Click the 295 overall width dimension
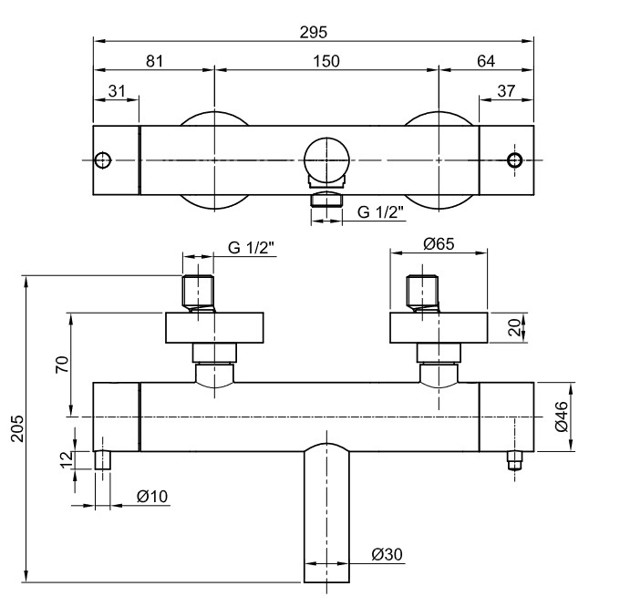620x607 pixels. point(313,33)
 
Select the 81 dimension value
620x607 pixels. point(154,61)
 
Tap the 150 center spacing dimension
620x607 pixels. point(326,61)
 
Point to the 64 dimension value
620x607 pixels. point(486,61)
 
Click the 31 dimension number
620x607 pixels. point(117,91)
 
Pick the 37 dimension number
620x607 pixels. point(506,91)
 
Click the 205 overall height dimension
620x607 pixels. point(17,428)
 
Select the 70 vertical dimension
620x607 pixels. point(62,365)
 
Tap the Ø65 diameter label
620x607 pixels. point(439,244)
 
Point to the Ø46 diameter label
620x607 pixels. point(561,417)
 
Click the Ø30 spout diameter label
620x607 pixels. point(387,554)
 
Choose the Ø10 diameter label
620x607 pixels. point(152,497)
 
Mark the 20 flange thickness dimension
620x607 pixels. point(515,327)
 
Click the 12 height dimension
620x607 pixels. point(67,459)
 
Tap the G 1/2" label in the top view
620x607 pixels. point(380,212)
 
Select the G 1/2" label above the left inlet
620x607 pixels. point(251,248)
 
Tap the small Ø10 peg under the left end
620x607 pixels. point(103,460)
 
